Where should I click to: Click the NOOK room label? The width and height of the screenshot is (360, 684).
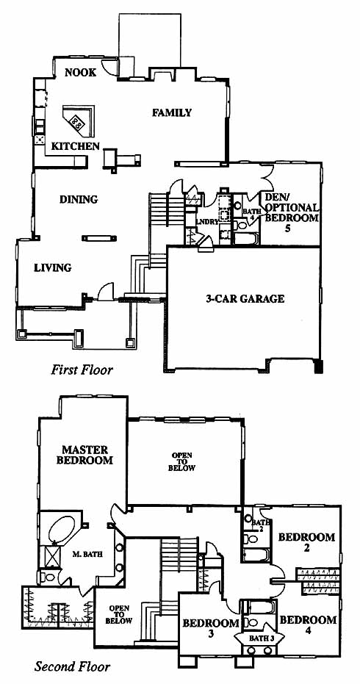pyautogui.click(x=80, y=73)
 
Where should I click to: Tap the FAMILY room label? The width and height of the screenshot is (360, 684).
pyautogui.click(x=172, y=112)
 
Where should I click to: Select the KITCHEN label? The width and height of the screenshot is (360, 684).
pyautogui.click(x=76, y=146)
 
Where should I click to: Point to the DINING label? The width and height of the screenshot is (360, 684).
pyautogui.click(x=79, y=200)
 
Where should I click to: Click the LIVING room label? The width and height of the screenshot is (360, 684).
pyautogui.click(x=52, y=267)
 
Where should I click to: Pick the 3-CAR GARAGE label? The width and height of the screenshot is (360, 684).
pyautogui.click(x=245, y=299)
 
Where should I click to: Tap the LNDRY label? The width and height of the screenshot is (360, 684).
pyautogui.click(x=207, y=222)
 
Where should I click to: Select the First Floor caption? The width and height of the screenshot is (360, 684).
pyautogui.click(x=82, y=370)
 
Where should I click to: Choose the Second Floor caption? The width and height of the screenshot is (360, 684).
pyautogui.click(x=73, y=666)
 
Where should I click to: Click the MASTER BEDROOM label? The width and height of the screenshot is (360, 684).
pyautogui.click(x=84, y=455)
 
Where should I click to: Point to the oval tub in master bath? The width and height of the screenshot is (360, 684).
pyautogui.click(x=62, y=529)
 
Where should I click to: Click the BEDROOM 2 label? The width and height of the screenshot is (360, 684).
pyautogui.click(x=307, y=541)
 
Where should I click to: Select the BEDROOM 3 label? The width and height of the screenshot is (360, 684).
pyautogui.click(x=211, y=627)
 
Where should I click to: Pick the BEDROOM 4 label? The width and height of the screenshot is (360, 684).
pyautogui.click(x=308, y=624)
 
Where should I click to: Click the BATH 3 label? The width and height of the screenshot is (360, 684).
pyautogui.click(x=256, y=638)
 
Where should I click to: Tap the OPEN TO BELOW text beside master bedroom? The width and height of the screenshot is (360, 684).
pyautogui.click(x=183, y=461)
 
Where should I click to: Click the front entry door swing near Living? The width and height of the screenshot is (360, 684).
pyautogui.click(x=106, y=292)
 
